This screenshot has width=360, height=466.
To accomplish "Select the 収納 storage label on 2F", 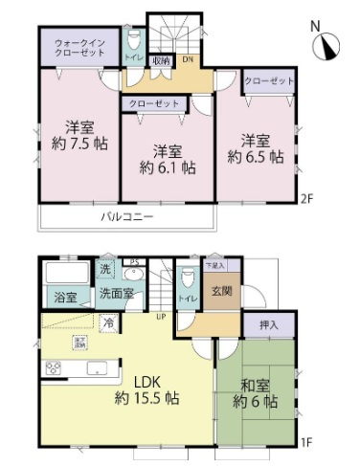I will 159,60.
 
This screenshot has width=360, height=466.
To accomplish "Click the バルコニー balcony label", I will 127,217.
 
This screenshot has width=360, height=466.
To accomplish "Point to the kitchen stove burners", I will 53,367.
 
